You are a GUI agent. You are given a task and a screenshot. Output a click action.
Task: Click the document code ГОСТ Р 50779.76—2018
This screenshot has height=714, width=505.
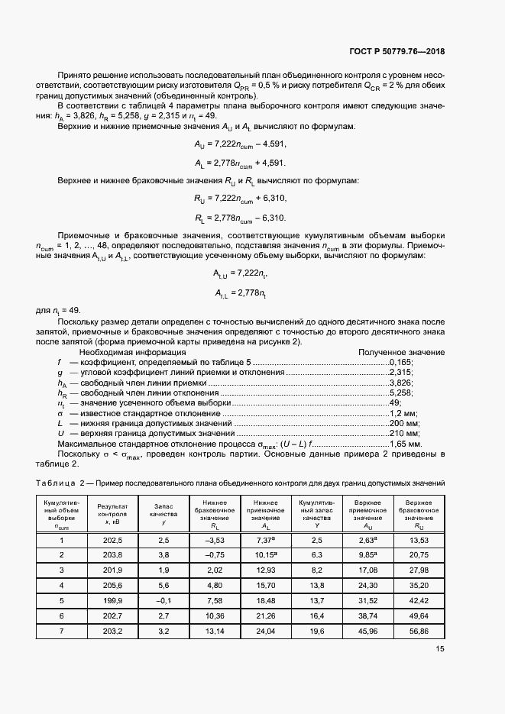point(397,53)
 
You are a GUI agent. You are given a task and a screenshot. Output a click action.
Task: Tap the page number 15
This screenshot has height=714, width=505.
point(440,649)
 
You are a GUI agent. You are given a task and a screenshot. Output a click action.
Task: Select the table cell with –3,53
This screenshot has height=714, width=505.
point(208,541)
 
